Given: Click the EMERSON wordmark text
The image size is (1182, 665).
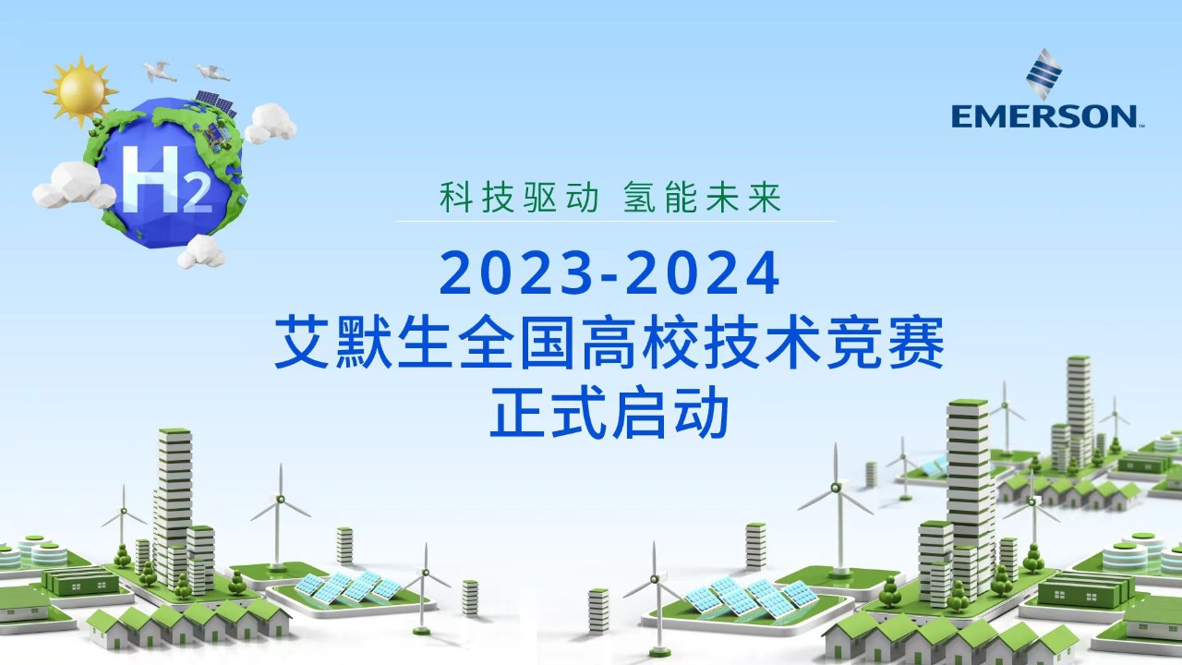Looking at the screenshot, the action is click(x=1044, y=116).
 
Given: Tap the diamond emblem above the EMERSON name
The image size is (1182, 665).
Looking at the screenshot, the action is click(x=1044, y=73).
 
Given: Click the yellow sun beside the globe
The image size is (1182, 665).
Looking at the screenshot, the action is click(x=81, y=91).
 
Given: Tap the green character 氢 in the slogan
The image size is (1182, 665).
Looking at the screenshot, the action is click(x=640, y=197).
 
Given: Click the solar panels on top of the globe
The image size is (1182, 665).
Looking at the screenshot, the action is click(x=216, y=103).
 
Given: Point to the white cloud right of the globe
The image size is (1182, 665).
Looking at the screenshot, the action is click(x=270, y=123).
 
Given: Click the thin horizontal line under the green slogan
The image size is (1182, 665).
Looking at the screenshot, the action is click(x=616, y=221).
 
